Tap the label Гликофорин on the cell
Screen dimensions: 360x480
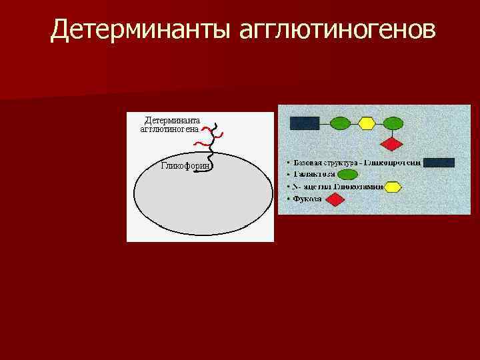(x=185, y=165)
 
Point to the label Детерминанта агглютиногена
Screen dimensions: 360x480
(x=171, y=124)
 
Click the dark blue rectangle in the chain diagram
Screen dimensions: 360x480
(x=304, y=123)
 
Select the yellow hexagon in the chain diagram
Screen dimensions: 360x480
(x=367, y=123)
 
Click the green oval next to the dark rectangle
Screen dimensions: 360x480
(x=340, y=123)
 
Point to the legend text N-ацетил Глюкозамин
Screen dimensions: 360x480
(x=338, y=187)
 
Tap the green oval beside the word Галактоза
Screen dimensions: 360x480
(x=347, y=174)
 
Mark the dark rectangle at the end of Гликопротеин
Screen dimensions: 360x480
(x=439, y=162)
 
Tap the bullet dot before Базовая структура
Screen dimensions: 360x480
(x=287, y=163)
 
